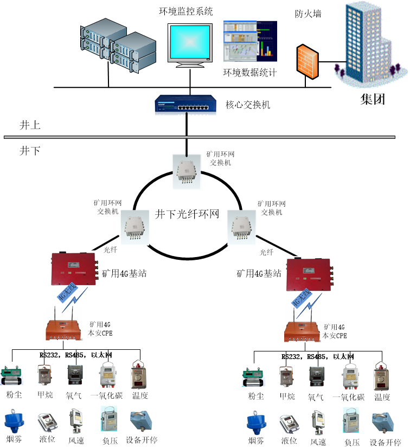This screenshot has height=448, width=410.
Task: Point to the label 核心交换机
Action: coord(247,104)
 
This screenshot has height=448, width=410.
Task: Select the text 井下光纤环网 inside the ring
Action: coord(187,214)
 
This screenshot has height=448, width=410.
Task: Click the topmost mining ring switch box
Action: coord(187,171)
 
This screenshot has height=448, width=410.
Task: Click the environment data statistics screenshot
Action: coord(250,43)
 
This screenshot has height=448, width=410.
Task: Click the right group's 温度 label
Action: coord(382,397)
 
